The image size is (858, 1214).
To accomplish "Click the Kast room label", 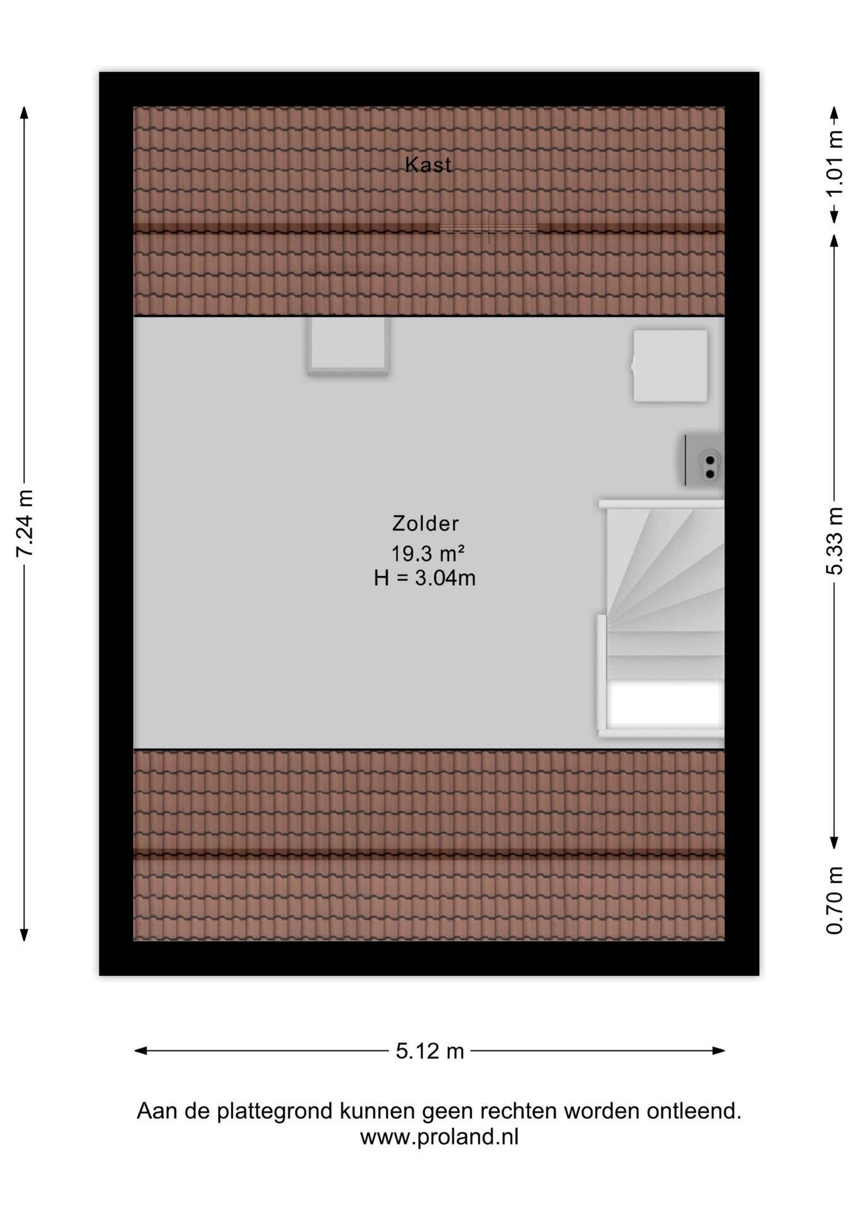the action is point(428,164).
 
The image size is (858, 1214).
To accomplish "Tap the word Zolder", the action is point(425,524).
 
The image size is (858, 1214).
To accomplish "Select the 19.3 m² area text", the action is point(428,553).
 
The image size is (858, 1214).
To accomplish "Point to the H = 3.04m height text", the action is point(425,578).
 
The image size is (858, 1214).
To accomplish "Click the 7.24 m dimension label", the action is point(25,524).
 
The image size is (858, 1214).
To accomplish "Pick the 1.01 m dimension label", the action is point(835,164).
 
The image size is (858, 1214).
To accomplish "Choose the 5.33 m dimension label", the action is point(835,541).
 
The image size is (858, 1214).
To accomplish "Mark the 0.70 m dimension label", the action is point(835,900).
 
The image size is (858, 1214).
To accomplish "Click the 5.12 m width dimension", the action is point(430,1051).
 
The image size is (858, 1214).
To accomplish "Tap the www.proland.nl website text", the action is point(439,1137).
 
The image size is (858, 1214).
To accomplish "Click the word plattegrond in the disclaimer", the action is point(275,1111).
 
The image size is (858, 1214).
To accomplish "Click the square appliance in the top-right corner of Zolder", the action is point(670,365).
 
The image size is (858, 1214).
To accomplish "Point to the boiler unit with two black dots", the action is point(704,460).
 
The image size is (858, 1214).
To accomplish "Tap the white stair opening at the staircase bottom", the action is point(665,704).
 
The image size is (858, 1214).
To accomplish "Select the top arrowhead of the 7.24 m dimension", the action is point(24,113).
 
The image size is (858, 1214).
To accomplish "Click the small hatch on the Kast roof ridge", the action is point(488,228).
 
